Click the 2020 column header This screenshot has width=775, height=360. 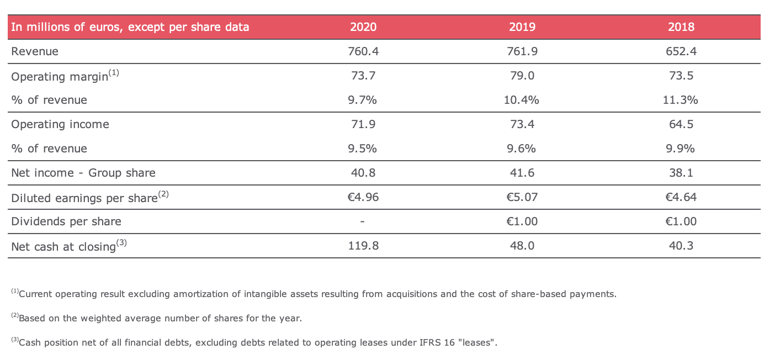click(x=363, y=27)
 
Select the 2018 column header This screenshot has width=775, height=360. click(x=681, y=27)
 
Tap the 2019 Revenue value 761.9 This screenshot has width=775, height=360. click(x=522, y=51)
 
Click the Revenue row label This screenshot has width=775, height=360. click(x=35, y=51)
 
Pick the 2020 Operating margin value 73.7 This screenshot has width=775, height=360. click(x=363, y=76)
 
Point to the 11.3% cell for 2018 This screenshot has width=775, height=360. click(x=680, y=100)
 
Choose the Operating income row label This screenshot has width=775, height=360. click(x=60, y=124)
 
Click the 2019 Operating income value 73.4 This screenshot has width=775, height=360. click(x=522, y=124)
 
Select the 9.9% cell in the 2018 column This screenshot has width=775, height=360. click(x=680, y=149)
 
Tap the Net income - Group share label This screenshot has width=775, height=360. click(x=83, y=173)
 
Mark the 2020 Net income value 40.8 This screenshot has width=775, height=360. click(x=363, y=173)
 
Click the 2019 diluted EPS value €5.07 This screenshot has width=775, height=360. click(x=522, y=197)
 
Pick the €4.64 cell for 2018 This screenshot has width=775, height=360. click(x=681, y=197)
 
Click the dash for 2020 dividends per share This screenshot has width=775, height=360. click(x=362, y=221)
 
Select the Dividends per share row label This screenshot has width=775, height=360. click(x=66, y=221)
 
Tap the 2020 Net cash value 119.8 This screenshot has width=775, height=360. click(x=363, y=245)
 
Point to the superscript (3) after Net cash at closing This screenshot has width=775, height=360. click(x=121, y=242)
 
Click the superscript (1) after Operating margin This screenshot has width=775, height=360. click(x=114, y=73)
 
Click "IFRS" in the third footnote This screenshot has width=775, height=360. click(x=429, y=342)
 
